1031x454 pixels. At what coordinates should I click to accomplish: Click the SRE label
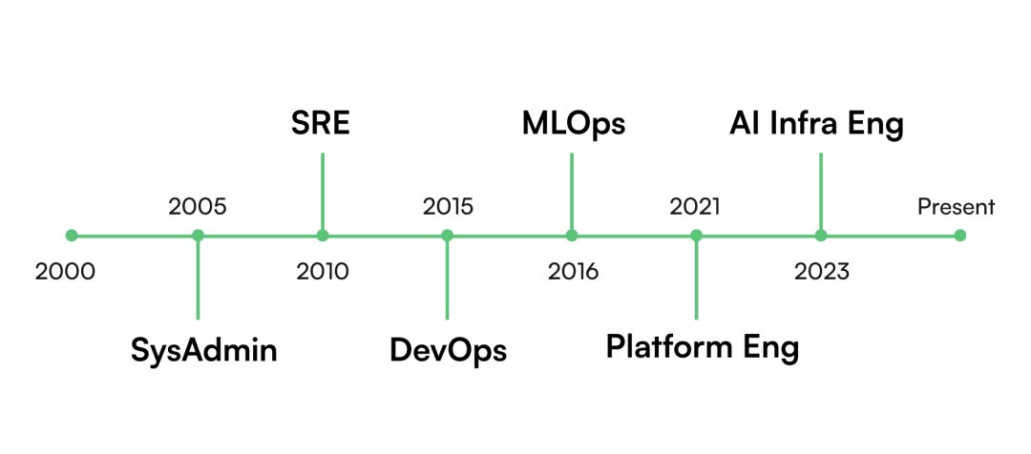click(320, 124)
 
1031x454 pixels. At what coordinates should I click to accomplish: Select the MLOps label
click(574, 125)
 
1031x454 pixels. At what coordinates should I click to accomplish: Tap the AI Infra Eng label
click(816, 125)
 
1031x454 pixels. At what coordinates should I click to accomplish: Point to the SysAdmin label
click(204, 350)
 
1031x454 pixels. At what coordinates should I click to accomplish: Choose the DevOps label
click(449, 350)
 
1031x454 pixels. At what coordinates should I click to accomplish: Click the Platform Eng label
click(703, 347)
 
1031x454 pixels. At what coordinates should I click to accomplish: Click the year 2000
click(65, 271)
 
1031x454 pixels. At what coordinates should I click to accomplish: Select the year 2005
click(198, 207)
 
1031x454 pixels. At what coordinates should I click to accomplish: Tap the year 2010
click(323, 271)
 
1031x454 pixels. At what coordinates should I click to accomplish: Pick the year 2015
click(448, 207)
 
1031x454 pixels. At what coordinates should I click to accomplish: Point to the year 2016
click(574, 271)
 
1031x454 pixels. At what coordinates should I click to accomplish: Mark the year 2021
click(695, 207)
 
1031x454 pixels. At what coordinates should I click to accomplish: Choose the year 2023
click(821, 271)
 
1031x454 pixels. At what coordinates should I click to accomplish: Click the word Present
click(956, 208)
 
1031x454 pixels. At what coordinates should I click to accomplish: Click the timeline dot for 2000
click(72, 236)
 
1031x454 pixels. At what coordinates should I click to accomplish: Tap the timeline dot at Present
click(960, 236)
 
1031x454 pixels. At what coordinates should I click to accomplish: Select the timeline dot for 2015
click(447, 236)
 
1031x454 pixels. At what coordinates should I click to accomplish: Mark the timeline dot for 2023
click(821, 236)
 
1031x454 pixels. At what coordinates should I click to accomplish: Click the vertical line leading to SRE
click(323, 192)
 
